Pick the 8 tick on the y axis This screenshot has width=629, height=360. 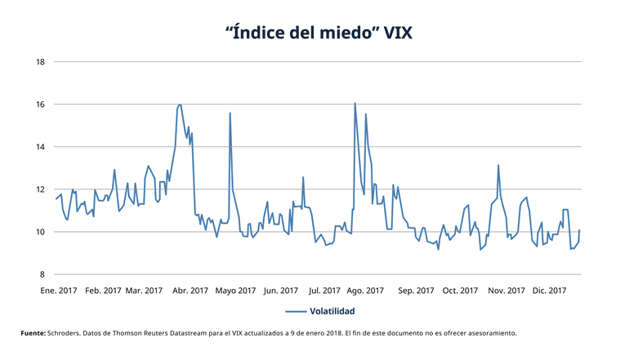click(42, 274)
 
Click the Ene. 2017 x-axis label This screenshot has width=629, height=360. click(59, 290)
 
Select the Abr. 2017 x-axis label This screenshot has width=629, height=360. click(191, 290)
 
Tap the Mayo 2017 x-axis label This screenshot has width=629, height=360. click(238, 290)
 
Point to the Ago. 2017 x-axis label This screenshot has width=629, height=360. click(365, 290)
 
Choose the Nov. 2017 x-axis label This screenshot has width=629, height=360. click(505, 290)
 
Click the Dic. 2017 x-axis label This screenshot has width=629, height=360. click(549, 290)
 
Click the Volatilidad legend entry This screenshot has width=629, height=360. click(330, 311)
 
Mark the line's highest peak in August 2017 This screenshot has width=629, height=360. click(355, 104)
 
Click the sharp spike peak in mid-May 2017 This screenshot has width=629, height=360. click(230, 113)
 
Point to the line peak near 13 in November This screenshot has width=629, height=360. click(498, 166)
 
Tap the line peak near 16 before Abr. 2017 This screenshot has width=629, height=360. click(180, 104)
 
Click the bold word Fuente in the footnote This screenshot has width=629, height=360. click(33, 333)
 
